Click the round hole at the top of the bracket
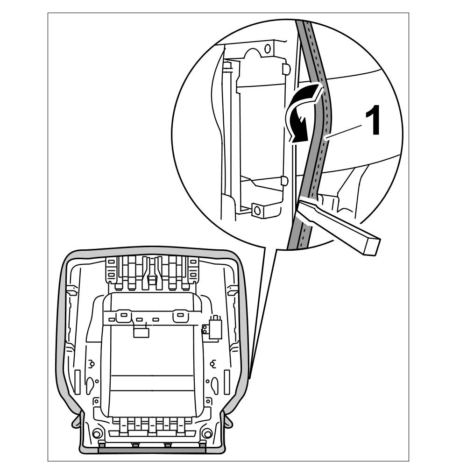click(x=268, y=48)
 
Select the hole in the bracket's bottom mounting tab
click(x=256, y=210)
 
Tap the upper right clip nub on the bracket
click(x=285, y=69)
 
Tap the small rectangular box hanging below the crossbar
click(x=142, y=332)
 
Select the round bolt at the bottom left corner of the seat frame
click(x=98, y=432)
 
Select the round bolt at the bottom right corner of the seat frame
click(x=207, y=432)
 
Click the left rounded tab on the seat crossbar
click(x=124, y=316)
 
